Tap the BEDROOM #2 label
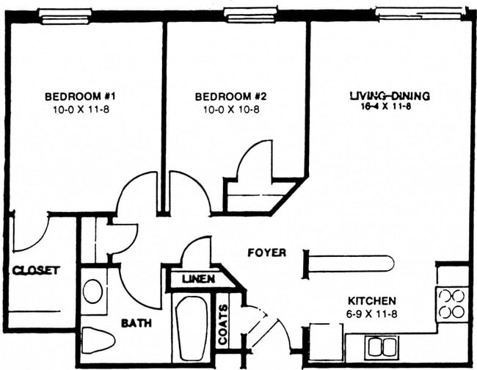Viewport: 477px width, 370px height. pyautogui.click(x=230, y=96)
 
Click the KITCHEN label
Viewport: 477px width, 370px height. pyautogui.click(x=371, y=301)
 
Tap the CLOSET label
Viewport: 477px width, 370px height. pyautogui.click(x=35, y=270)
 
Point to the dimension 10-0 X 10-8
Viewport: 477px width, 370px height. pyautogui.click(x=230, y=109)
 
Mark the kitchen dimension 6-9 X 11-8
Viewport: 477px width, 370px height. pyautogui.click(x=371, y=313)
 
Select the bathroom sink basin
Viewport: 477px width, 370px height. pyautogui.click(x=93, y=291)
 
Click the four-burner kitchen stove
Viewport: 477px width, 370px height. pyautogui.click(x=452, y=303)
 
